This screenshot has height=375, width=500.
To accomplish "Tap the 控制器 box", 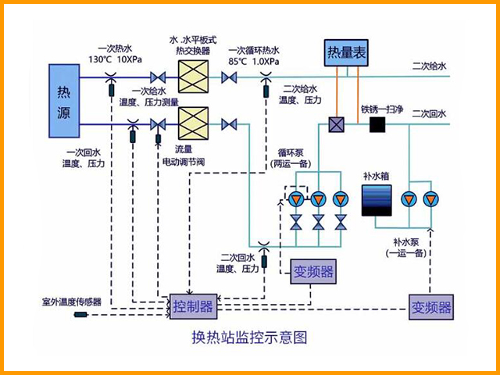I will (x=192, y=306).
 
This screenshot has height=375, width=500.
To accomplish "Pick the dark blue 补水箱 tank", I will (x=376, y=201).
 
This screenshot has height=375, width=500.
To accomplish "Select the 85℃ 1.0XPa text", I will (x=253, y=60).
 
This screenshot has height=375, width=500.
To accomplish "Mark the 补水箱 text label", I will (x=375, y=176).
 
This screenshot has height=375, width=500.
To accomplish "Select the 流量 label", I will (x=183, y=148).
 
